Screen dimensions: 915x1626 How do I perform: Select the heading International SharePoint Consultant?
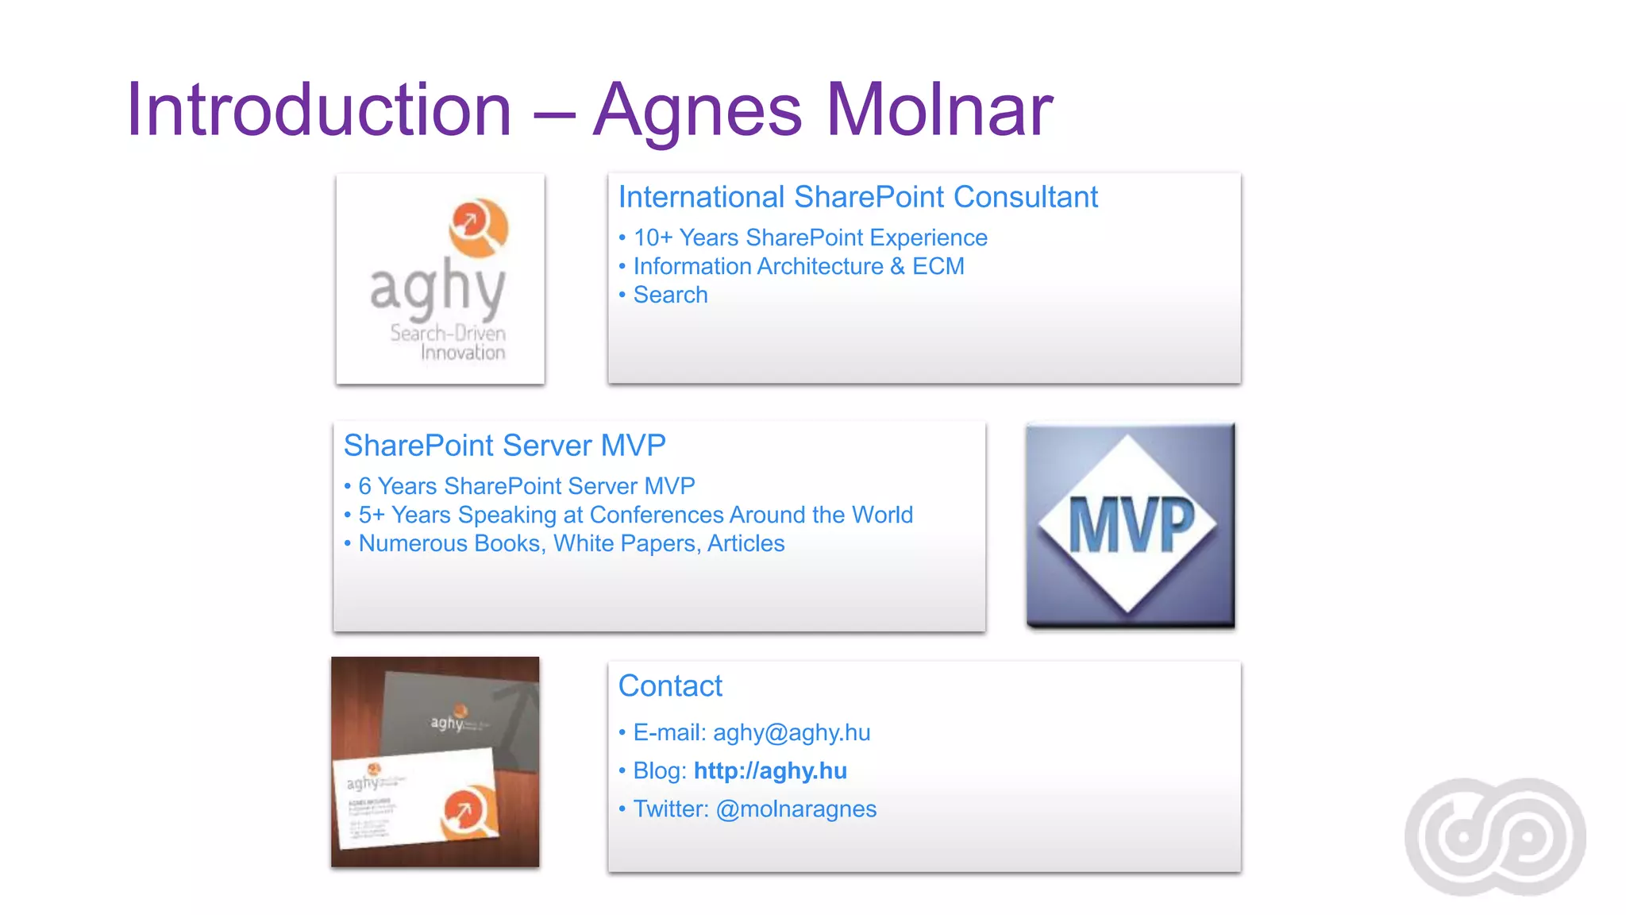tap(857, 197)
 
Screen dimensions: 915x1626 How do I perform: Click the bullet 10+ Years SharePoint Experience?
tap(810, 237)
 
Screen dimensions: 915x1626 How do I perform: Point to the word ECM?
tap(938, 266)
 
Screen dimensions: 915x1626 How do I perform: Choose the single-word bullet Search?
tap(670, 295)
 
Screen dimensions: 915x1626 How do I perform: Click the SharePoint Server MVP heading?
tap(504, 446)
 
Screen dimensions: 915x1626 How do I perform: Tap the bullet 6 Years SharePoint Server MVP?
tap(526, 486)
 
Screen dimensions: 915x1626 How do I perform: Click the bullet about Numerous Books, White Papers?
tap(571, 543)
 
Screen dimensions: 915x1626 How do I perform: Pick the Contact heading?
tap(670, 685)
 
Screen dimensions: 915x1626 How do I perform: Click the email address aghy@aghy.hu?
tap(791, 732)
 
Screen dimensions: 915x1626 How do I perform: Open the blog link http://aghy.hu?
tap(770, 770)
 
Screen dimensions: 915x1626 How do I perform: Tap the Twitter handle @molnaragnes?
tap(796, 809)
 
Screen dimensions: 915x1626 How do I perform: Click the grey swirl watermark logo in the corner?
tap(1495, 837)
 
